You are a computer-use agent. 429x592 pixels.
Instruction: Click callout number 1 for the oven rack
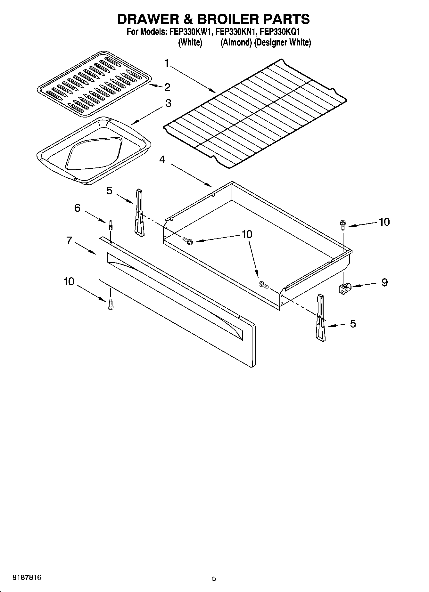pyautogui.click(x=167, y=63)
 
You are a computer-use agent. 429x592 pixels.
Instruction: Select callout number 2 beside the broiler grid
pyautogui.click(x=167, y=87)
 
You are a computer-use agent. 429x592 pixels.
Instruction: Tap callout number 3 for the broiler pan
pyautogui.click(x=168, y=103)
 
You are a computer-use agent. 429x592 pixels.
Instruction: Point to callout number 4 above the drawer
pyautogui.click(x=162, y=159)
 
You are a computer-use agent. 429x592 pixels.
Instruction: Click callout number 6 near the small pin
pyautogui.click(x=77, y=208)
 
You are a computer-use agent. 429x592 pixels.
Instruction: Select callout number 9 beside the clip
pyautogui.click(x=384, y=282)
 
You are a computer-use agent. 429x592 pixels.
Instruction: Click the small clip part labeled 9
pyautogui.click(x=345, y=287)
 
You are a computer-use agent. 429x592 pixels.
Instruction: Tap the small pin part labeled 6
pyautogui.click(x=111, y=225)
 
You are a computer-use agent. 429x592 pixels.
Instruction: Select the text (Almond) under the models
pyautogui.click(x=236, y=43)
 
